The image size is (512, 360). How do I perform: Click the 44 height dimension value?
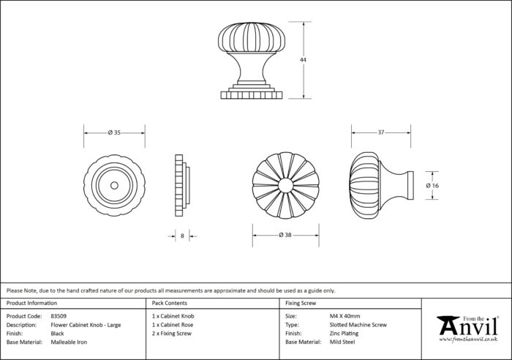tap(303, 60)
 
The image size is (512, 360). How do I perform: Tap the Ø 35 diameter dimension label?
tap(114, 132)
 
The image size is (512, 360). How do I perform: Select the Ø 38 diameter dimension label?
tap(285, 235)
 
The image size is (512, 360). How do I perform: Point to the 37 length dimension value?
tap(381, 132)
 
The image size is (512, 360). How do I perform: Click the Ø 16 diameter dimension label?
tap(432, 186)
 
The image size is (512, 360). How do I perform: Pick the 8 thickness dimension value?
tap(182, 236)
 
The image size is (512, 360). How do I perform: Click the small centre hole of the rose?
tap(114, 186)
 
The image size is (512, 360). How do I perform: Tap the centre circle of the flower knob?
tap(286, 185)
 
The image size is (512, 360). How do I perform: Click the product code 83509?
tap(59, 316)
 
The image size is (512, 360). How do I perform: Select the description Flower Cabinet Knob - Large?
tap(86, 325)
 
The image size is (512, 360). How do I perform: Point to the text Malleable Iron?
tap(69, 342)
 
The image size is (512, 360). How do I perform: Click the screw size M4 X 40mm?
tap(345, 316)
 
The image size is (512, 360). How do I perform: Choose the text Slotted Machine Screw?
tap(358, 325)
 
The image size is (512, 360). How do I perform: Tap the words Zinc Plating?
tap(345, 334)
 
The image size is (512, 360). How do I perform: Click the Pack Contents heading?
tap(170, 303)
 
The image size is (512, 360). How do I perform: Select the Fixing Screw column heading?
tap(301, 303)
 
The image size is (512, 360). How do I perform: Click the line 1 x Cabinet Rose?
tap(173, 325)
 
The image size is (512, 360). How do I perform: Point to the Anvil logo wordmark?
tap(468, 326)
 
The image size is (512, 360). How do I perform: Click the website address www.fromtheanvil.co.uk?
tap(468, 340)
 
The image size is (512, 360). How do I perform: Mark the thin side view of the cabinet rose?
tap(182, 185)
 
